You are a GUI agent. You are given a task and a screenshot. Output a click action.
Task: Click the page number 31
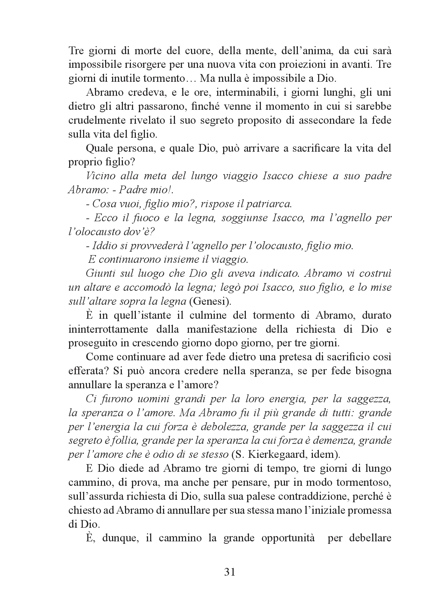[229, 572]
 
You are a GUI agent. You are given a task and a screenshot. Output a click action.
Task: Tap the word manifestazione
[222, 329]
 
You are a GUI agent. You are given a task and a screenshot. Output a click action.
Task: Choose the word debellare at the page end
[370, 538]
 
